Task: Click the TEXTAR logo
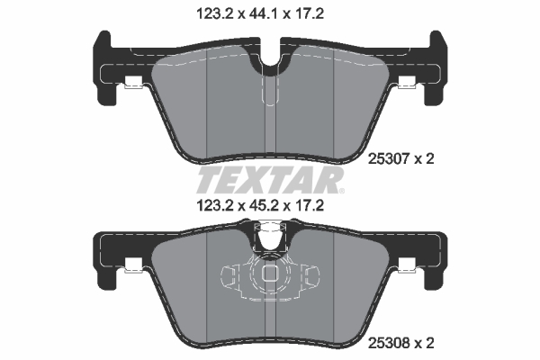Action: (270, 179)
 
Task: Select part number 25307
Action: (392, 159)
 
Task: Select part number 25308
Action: (392, 343)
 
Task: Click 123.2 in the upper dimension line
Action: (212, 13)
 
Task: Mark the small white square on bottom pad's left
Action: (132, 265)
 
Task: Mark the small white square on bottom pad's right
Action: (407, 265)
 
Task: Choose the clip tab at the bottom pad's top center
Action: (270, 236)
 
